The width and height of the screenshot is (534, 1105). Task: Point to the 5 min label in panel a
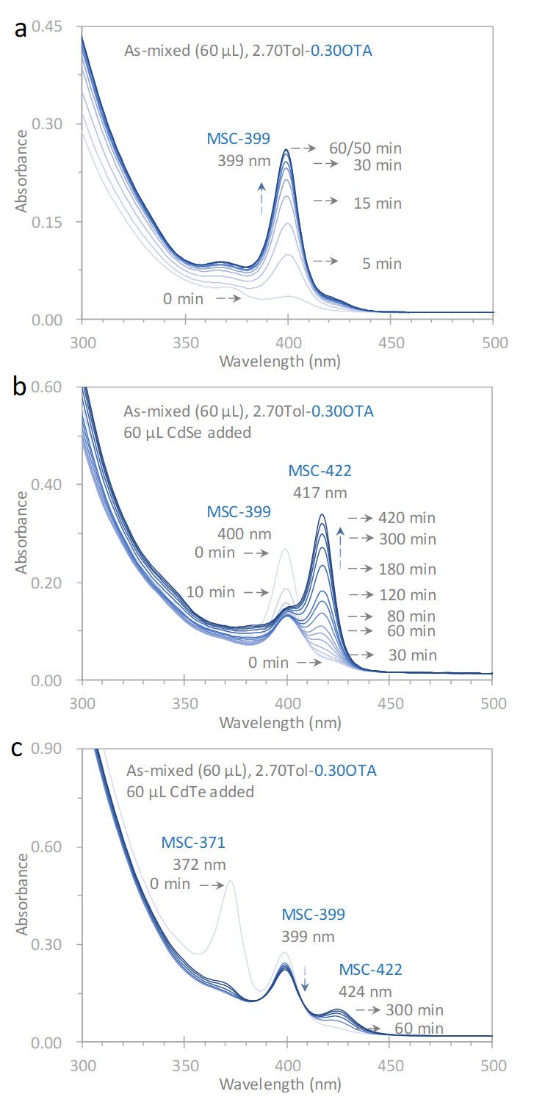pos(377,263)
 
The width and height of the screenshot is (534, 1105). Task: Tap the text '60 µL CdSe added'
pos(189,432)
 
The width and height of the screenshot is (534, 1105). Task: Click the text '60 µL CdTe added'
pos(189,793)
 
